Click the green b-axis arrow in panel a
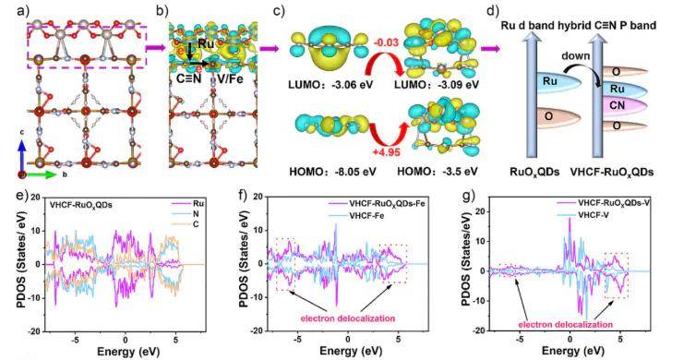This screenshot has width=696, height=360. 44,174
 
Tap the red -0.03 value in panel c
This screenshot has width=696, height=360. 383,44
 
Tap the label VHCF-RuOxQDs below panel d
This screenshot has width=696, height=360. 618,173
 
